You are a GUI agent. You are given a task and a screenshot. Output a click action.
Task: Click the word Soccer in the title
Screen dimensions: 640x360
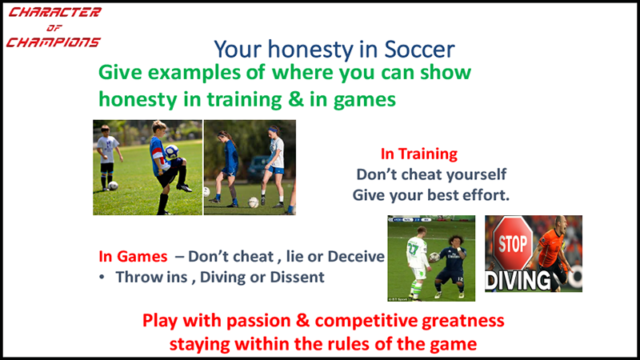point(419,50)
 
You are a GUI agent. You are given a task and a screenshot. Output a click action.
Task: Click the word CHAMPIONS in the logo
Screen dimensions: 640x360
point(53,42)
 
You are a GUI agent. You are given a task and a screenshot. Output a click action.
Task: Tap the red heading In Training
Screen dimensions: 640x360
point(418,154)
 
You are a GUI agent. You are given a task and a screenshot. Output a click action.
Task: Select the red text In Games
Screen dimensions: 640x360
point(133,256)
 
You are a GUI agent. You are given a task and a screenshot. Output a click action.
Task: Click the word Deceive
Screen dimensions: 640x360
point(356,256)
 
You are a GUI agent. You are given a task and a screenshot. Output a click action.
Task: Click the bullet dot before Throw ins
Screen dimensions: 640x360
point(102,277)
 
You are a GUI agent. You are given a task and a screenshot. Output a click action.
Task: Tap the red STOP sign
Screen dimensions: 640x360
point(513,244)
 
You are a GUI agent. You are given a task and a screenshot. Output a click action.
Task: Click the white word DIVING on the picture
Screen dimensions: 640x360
point(518,281)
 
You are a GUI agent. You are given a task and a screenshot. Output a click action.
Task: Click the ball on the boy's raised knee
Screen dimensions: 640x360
point(172,151)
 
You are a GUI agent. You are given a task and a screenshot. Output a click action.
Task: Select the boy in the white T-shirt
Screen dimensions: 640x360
point(108,157)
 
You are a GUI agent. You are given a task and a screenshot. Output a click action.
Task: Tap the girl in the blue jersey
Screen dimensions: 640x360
point(227,167)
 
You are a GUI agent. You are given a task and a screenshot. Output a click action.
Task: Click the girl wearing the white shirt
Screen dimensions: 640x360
point(274,166)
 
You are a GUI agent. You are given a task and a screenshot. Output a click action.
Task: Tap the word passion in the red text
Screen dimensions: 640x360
point(258,321)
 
